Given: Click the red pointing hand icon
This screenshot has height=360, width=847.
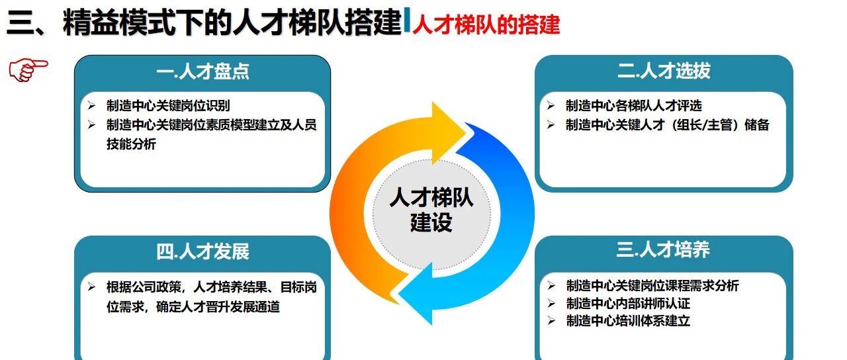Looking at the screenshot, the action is click(x=28, y=70).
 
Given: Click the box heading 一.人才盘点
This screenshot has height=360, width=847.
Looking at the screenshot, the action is click(x=202, y=71).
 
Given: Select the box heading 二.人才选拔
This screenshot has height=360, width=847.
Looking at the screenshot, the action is click(x=664, y=71).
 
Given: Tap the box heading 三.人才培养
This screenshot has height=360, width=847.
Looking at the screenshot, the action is click(x=663, y=249).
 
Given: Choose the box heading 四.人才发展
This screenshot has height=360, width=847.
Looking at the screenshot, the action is click(x=202, y=251).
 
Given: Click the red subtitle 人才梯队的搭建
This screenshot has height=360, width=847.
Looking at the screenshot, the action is click(x=486, y=24).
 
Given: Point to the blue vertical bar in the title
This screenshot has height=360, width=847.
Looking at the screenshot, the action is click(x=407, y=20).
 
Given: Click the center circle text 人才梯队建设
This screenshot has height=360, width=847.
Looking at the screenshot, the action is click(x=431, y=209).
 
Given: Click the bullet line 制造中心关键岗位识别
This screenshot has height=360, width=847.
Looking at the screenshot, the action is click(x=168, y=105).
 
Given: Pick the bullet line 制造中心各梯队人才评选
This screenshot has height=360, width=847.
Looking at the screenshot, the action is click(x=634, y=105).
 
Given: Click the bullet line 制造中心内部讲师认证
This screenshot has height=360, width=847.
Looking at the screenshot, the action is click(x=628, y=303).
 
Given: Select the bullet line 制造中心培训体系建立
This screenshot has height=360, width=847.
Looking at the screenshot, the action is click(x=628, y=321).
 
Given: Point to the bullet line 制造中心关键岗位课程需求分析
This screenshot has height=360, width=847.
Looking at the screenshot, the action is click(x=652, y=285).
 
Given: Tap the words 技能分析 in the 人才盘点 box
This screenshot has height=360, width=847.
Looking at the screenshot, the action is click(x=131, y=144).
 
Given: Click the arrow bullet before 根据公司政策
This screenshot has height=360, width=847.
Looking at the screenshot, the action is click(x=91, y=287).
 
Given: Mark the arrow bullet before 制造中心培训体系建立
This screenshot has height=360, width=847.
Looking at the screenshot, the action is click(x=551, y=321).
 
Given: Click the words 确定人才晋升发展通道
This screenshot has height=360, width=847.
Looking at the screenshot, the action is click(x=218, y=306).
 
